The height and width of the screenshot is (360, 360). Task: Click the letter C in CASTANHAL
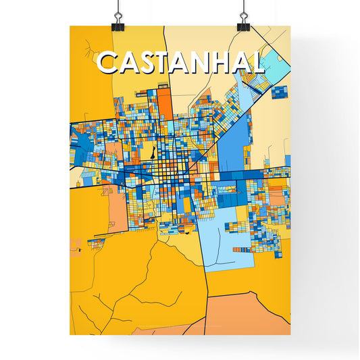point(108,63)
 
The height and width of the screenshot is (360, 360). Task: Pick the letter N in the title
point(205,63)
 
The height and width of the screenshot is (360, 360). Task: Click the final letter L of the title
point(257,63)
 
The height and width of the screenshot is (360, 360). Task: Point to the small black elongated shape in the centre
point(153,153)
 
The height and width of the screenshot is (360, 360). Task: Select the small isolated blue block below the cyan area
point(279,91)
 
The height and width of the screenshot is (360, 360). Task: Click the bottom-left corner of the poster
point(70,334)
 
